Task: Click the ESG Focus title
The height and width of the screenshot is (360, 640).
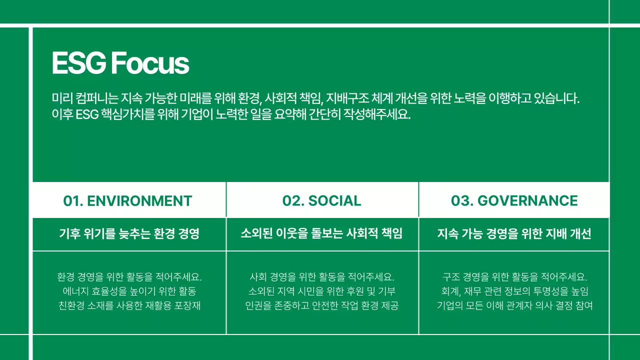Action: click(120, 63)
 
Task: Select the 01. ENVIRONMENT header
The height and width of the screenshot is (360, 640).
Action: click(127, 201)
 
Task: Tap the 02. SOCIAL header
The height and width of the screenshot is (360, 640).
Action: click(321, 201)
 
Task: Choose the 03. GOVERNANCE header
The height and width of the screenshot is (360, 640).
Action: click(514, 201)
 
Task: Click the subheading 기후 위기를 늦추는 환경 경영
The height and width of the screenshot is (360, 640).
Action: click(129, 233)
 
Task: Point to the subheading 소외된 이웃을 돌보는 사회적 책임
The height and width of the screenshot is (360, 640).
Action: click(321, 233)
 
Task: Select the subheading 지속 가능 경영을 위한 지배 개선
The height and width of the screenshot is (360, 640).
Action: click(514, 233)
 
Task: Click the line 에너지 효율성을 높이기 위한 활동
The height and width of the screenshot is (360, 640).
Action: click(129, 291)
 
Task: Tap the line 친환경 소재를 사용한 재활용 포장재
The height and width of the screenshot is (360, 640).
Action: click(129, 305)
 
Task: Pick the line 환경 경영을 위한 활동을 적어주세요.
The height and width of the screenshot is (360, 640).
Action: click(129, 276)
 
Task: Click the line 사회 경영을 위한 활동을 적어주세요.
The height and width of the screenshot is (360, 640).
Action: click(321, 276)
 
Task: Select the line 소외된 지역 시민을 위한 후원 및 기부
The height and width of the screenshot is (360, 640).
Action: click(321, 291)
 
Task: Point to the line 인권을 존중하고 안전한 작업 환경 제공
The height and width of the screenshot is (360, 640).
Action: click(321, 305)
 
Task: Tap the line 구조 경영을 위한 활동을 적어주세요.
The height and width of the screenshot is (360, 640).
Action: click(514, 276)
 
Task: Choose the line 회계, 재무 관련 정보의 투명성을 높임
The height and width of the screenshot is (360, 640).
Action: click(514, 291)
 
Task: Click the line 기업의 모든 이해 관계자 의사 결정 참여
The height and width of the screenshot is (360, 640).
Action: click(514, 305)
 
